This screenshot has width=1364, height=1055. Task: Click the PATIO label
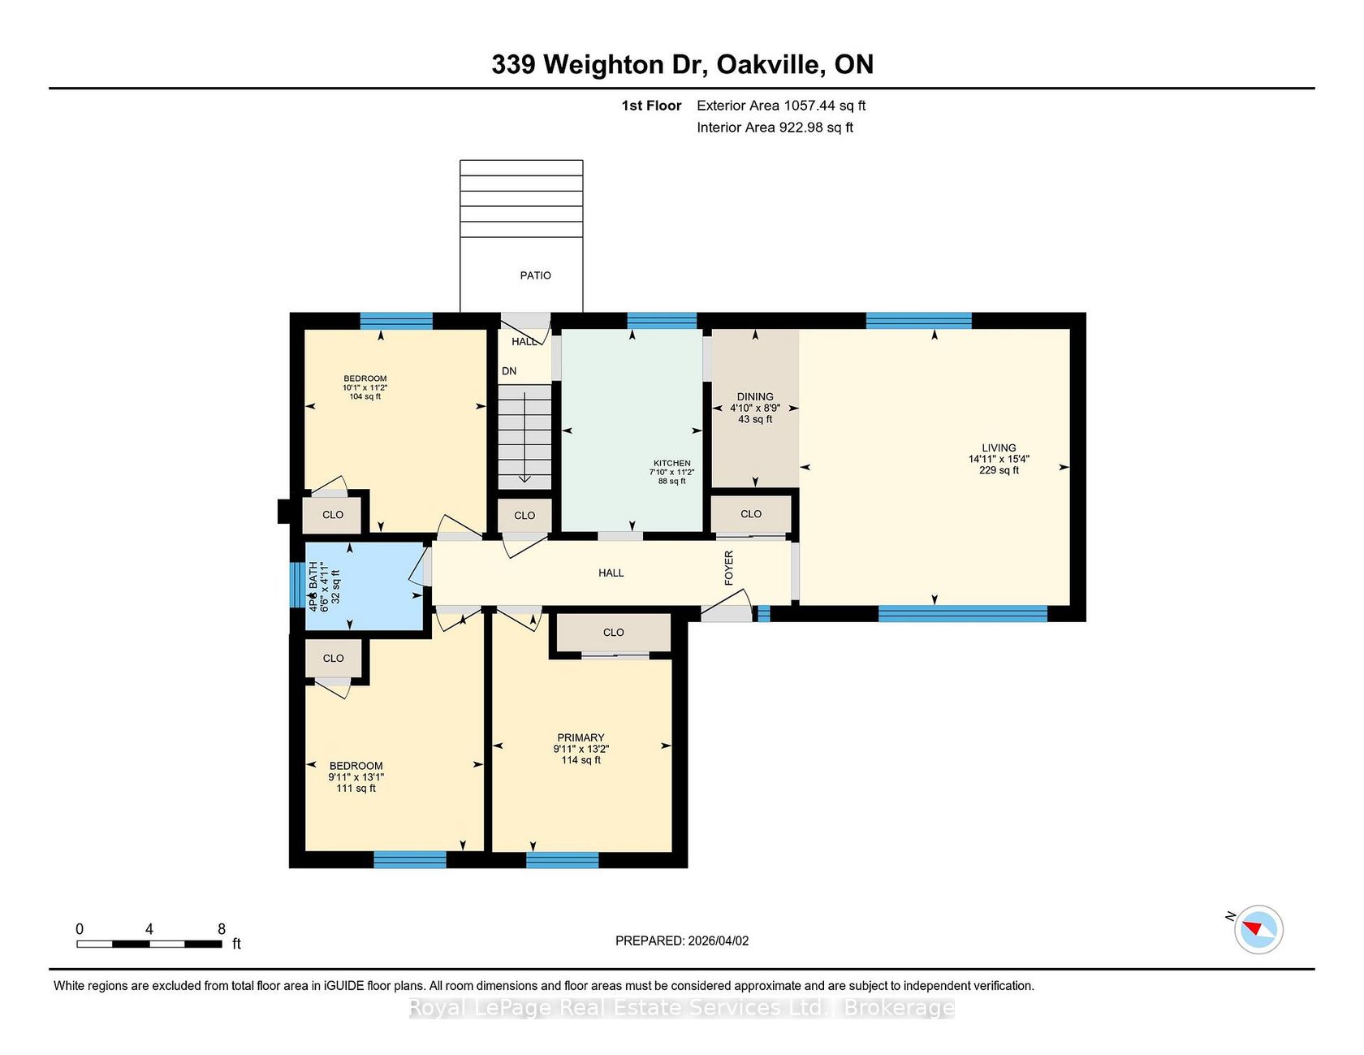535,275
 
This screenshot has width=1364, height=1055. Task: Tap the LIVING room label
999,448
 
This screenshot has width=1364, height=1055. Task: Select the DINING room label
755,397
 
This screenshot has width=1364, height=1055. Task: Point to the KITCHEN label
672,463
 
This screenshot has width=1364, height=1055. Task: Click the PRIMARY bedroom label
581,738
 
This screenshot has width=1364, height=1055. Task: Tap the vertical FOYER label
728,568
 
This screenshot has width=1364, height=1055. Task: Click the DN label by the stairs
509,371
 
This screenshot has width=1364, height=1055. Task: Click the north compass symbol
1258,929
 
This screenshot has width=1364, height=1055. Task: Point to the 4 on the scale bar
149,929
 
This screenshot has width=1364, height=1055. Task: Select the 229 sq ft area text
999,470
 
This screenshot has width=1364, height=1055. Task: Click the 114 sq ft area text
581,760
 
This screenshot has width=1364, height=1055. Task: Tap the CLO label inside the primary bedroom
614,633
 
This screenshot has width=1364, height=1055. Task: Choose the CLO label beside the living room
751,514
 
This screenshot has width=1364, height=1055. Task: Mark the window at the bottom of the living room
963,613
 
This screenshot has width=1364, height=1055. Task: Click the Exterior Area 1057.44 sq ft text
781,106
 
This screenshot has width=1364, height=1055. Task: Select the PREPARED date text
682,940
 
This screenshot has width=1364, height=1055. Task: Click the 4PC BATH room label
313,586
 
